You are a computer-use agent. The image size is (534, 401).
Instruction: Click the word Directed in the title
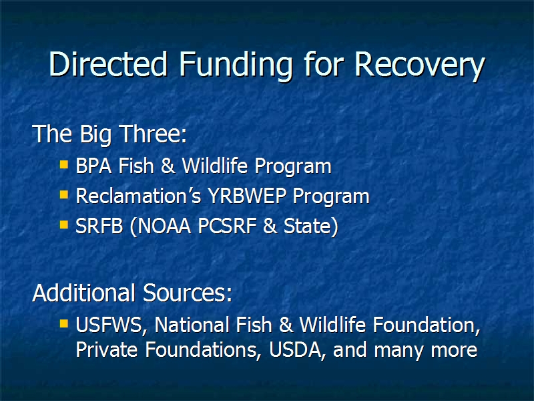[x=108, y=64]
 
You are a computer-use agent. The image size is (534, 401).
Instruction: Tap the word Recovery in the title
[x=420, y=66]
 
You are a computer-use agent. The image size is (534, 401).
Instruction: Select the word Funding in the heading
[x=236, y=66]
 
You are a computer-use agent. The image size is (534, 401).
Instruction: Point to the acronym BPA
[x=93, y=166]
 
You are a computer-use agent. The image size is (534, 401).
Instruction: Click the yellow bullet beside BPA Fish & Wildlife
[x=63, y=165]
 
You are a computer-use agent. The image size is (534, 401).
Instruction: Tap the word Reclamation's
[x=138, y=196]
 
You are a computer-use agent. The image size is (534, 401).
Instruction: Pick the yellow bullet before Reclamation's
[x=63, y=194]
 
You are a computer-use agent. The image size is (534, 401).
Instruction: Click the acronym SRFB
[x=99, y=226]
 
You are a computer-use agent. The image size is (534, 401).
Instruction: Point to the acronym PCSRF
[x=227, y=226]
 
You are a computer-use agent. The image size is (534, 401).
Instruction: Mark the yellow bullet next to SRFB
[x=63, y=225]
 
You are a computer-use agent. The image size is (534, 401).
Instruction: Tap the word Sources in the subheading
[x=188, y=293]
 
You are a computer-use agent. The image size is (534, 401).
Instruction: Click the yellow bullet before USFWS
[x=63, y=323]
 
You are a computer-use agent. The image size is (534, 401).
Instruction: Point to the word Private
[x=107, y=350]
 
